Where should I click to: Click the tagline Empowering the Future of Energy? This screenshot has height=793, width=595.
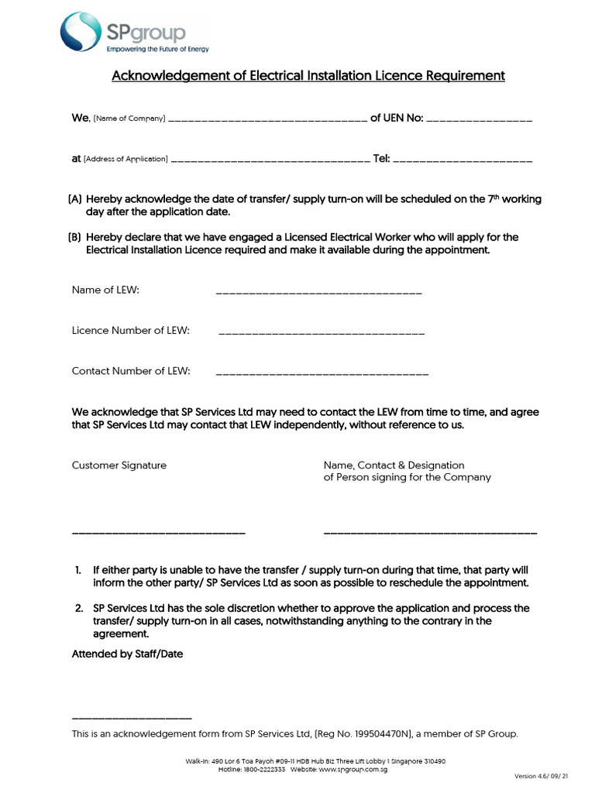pyautogui.click(x=156, y=48)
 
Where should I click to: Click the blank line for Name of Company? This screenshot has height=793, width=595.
pyautogui.click(x=267, y=121)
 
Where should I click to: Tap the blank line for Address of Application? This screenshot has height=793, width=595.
pyautogui.click(x=269, y=161)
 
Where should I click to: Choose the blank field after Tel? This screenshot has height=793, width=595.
pyautogui.click(x=463, y=161)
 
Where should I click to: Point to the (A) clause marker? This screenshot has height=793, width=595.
pyautogui.click(x=75, y=199)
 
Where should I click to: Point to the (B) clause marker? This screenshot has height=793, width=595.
pyautogui.click(x=75, y=237)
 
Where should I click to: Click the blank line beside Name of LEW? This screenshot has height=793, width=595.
pyautogui.click(x=318, y=294)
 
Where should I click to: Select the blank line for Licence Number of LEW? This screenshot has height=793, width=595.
pyautogui.click(x=322, y=334)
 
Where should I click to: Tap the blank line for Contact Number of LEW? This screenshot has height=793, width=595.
pyautogui.click(x=322, y=375)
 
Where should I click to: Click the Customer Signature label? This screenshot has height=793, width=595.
pyautogui.click(x=119, y=465)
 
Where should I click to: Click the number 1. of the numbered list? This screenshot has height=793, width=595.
pyautogui.click(x=78, y=570)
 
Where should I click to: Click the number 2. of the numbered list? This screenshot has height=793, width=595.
pyautogui.click(x=78, y=608)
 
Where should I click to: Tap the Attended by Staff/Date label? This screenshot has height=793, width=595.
pyautogui.click(x=127, y=654)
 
